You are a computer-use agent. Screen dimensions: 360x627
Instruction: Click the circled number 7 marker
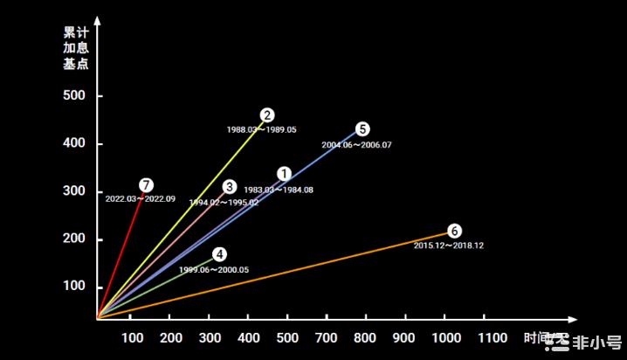(x=146, y=184)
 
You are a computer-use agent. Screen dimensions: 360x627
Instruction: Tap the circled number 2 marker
(x=267, y=114)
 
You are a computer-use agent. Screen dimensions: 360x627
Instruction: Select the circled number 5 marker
(x=363, y=128)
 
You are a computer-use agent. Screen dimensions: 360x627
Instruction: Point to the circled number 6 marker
(x=454, y=231)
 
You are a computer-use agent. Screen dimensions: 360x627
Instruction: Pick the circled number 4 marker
(x=219, y=254)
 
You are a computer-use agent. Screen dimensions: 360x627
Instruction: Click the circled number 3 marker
(x=229, y=186)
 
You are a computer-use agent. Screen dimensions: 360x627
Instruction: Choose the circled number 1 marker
(x=284, y=174)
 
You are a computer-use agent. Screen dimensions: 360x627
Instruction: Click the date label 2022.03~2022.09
(x=140, y=199)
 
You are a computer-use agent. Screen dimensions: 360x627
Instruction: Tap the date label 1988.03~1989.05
(x=261, y=129)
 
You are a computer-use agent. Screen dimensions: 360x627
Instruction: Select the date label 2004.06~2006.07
(x=356, y=144)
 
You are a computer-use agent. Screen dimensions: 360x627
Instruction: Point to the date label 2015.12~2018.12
(x=449, y=246)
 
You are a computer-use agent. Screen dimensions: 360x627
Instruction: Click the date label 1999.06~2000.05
(x=214, y=270)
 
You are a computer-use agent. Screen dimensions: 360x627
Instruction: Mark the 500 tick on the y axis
(x=76, y=95)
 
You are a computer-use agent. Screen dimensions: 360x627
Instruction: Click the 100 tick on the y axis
(x=76, y=287)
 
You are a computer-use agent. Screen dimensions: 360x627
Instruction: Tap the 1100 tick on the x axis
(x=492, y=338)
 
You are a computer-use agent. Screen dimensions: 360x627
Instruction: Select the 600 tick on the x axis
(x=288, y=338)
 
